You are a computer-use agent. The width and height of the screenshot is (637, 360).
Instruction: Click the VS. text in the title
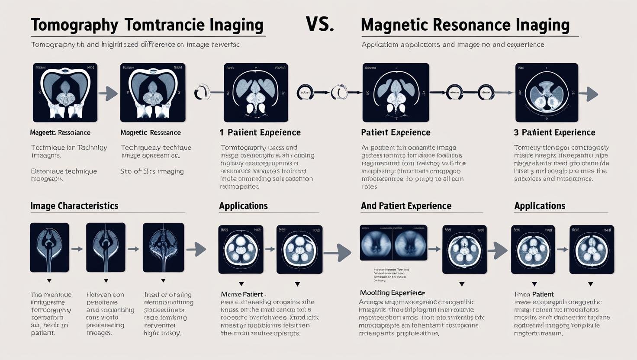[320, 24]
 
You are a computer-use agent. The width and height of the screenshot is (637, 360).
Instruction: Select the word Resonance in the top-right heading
[471, 25]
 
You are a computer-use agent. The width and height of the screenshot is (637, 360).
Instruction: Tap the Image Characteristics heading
[74, 206]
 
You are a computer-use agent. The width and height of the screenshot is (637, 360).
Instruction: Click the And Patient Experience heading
[406, 206]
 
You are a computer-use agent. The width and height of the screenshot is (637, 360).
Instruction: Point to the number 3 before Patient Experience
[517, 132]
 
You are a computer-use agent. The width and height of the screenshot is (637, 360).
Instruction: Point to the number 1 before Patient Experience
[222, 132]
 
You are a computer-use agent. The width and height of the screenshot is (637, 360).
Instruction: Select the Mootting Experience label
[392, 293]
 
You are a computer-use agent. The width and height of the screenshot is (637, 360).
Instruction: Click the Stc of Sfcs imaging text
[152, 171]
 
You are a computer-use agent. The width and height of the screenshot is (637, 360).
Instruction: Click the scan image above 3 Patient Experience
[547, 93]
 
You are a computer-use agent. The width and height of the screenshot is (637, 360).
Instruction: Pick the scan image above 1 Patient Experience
[256, 93]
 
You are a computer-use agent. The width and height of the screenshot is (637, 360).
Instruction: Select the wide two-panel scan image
[393, 242]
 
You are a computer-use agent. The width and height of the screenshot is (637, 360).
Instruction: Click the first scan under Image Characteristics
[49, 247]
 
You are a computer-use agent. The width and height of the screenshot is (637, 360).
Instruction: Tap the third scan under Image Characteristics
[163, 247]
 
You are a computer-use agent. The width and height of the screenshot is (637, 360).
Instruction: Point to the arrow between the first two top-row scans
[109, 93]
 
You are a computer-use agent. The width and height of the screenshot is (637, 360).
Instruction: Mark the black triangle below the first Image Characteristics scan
[49, 281]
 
